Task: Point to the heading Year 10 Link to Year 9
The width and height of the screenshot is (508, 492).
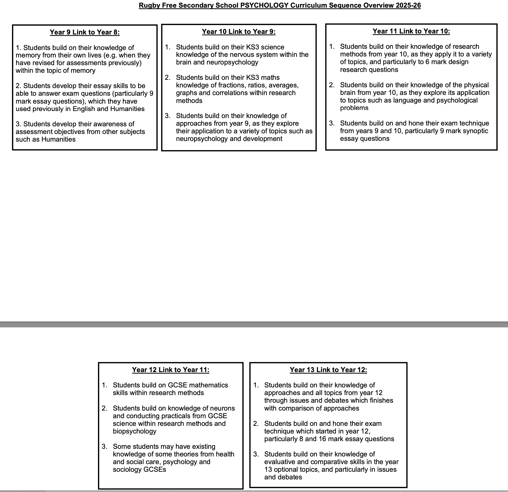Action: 239,32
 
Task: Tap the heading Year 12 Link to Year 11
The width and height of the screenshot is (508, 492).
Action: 171,370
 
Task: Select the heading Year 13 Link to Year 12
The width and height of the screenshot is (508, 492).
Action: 328,370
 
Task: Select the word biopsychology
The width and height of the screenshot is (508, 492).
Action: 135,431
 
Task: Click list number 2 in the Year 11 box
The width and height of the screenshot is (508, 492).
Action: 332,85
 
